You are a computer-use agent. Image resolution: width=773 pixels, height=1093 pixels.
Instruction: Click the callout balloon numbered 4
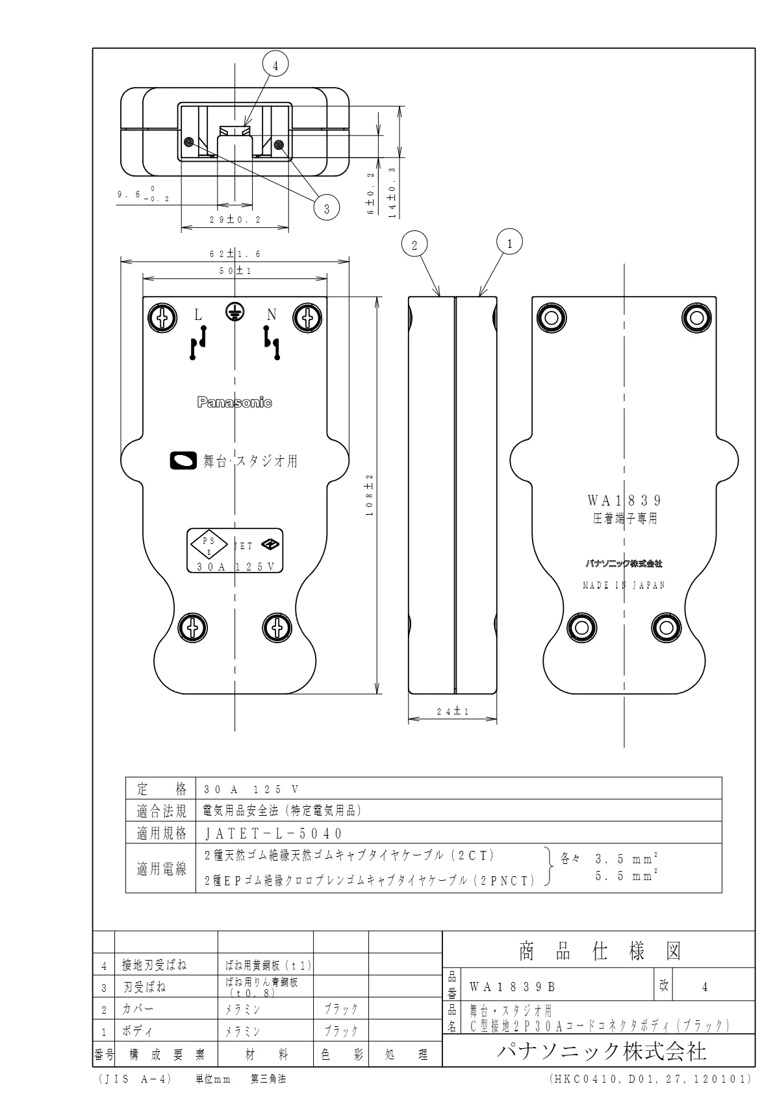pos(275,66)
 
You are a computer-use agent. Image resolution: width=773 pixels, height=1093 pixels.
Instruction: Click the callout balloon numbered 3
pos(327,208)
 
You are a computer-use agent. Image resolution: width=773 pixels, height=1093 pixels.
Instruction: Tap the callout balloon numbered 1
pos(510,243)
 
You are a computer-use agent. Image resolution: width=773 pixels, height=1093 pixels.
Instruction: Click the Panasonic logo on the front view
pos(234,402)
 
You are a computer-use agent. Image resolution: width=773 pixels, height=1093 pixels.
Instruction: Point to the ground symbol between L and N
pos(234,312)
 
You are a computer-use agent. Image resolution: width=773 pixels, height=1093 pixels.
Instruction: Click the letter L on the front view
pos(199,315)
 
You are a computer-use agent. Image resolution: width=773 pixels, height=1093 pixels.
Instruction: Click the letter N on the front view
pos(272,315)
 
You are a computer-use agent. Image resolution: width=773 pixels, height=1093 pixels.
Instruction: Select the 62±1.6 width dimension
pos(234,254)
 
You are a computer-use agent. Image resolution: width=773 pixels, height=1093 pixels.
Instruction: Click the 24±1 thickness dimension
pos(453,712)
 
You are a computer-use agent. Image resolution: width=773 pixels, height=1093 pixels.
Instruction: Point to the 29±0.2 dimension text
pos(234,220)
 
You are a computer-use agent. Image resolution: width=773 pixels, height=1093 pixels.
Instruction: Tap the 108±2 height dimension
pos(370,495)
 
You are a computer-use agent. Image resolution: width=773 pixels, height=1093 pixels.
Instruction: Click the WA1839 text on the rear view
pos(624,500)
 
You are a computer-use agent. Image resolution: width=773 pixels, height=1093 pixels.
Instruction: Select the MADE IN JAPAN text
pos(624,585)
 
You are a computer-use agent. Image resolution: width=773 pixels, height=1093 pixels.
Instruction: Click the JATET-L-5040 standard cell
pos(273,833)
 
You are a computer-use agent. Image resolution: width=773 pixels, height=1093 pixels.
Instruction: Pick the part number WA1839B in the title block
pos(513,987)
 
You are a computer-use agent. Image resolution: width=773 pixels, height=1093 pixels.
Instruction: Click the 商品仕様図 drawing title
pos(598,952)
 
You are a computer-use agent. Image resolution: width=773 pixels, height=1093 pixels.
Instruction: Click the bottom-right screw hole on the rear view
pos(665,627)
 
